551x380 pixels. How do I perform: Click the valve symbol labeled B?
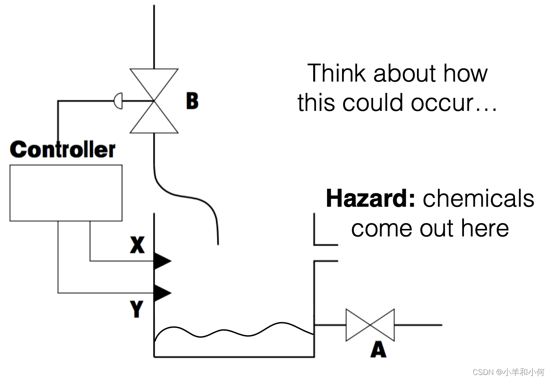tap(154, 101)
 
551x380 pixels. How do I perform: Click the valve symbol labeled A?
tap(370, 325)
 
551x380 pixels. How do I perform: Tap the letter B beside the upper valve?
tap(192, 101)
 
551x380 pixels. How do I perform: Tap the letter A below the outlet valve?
tap(378, 349)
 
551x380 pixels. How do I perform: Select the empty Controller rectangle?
tap(66, 193)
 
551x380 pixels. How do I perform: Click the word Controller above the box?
tap(62, 149)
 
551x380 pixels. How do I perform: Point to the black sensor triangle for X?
tap(162, 261)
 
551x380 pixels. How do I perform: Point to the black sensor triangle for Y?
tap(162, 293)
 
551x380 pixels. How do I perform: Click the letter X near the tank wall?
tap(137, 245)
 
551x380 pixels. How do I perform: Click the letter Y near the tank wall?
tap(136, 309)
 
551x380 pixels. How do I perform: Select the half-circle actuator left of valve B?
tap(118, 101)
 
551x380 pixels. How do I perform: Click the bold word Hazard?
tap(371, 198)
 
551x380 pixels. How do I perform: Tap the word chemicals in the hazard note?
tap(479, 198)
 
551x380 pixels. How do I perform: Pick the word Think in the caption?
tap(337, 73)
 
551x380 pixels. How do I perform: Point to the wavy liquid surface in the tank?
tap(234, 331)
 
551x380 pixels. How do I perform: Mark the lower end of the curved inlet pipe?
tap(218, 243)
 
